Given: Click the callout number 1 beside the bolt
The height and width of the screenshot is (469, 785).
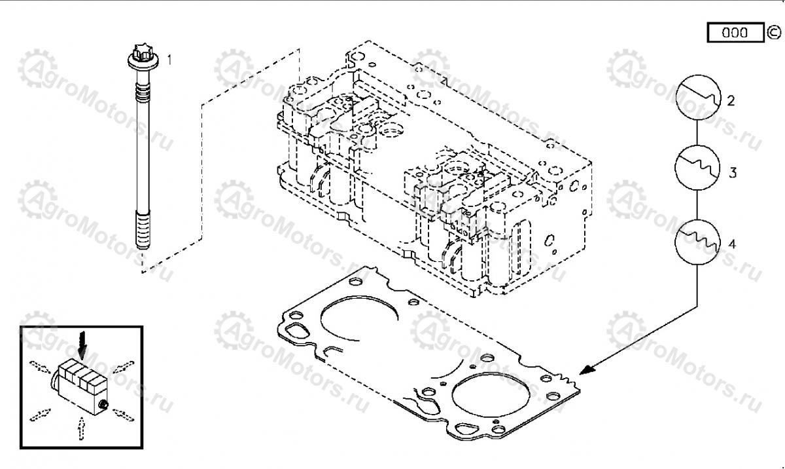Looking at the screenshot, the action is coord(169,60).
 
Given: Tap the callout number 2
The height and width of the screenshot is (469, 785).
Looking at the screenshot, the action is coord(731,101).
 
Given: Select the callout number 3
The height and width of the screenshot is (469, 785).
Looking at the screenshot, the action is coord(733,173).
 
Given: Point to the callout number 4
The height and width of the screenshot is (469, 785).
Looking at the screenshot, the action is coord(732,244).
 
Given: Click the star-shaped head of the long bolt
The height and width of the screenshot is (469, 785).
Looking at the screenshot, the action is coord(143,51).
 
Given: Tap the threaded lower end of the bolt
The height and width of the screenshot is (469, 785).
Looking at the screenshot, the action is coord(143,230).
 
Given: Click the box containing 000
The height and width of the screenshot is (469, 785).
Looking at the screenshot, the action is coord(735,32).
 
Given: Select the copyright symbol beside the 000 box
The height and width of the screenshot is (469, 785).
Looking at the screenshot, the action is coord(773,33).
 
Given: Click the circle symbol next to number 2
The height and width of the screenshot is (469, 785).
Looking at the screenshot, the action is coord(698,98).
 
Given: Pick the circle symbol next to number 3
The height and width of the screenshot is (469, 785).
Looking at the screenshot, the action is coord(697,168).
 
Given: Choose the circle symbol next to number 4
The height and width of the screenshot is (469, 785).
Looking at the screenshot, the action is coord(697,242).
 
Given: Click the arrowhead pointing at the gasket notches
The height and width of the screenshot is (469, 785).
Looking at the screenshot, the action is coord(587,369).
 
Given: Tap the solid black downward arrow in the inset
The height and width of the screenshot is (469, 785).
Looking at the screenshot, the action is coord(82,346).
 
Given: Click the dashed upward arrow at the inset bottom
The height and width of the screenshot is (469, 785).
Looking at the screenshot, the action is coord(81,428).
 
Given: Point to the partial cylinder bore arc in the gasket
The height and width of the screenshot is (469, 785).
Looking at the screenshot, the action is coord(359,318).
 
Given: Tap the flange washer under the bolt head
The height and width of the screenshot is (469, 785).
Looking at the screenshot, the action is coord(143,62).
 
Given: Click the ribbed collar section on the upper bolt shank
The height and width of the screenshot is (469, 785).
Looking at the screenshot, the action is coord(143,93).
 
